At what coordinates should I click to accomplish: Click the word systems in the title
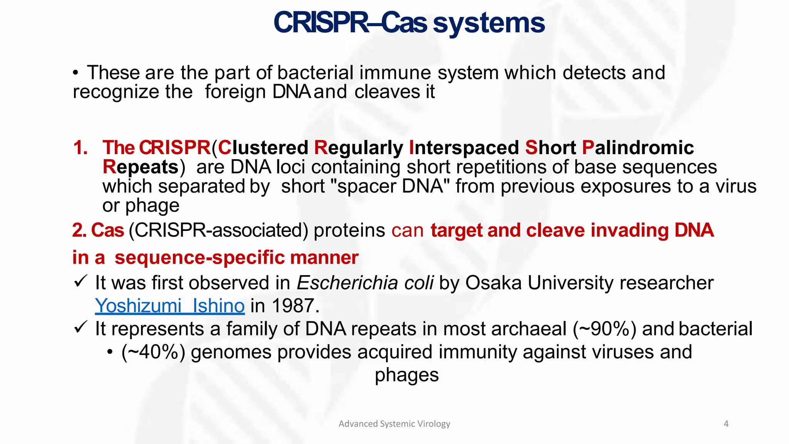[x=489, y=23]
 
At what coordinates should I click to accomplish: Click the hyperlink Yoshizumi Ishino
[x=170, y=306]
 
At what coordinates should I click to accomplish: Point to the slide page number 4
[x=726, y=424]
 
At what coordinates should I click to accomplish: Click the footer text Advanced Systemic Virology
[x=394, y=424]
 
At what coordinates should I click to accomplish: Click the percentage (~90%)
[x=604, y=329]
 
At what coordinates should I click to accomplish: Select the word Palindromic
[x=638, y=148]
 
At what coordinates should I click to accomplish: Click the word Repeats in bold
[x=141, y=167]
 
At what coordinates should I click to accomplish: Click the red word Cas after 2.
[x=107, y=230]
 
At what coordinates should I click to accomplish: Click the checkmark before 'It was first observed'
[x=81, y=281]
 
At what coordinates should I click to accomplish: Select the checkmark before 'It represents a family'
[x=81, y=327]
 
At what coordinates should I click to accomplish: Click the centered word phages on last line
[x=406, y=375]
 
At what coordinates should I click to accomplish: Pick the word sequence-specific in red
[x=199, y=257]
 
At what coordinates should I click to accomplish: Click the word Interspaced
[x=464, y=148]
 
